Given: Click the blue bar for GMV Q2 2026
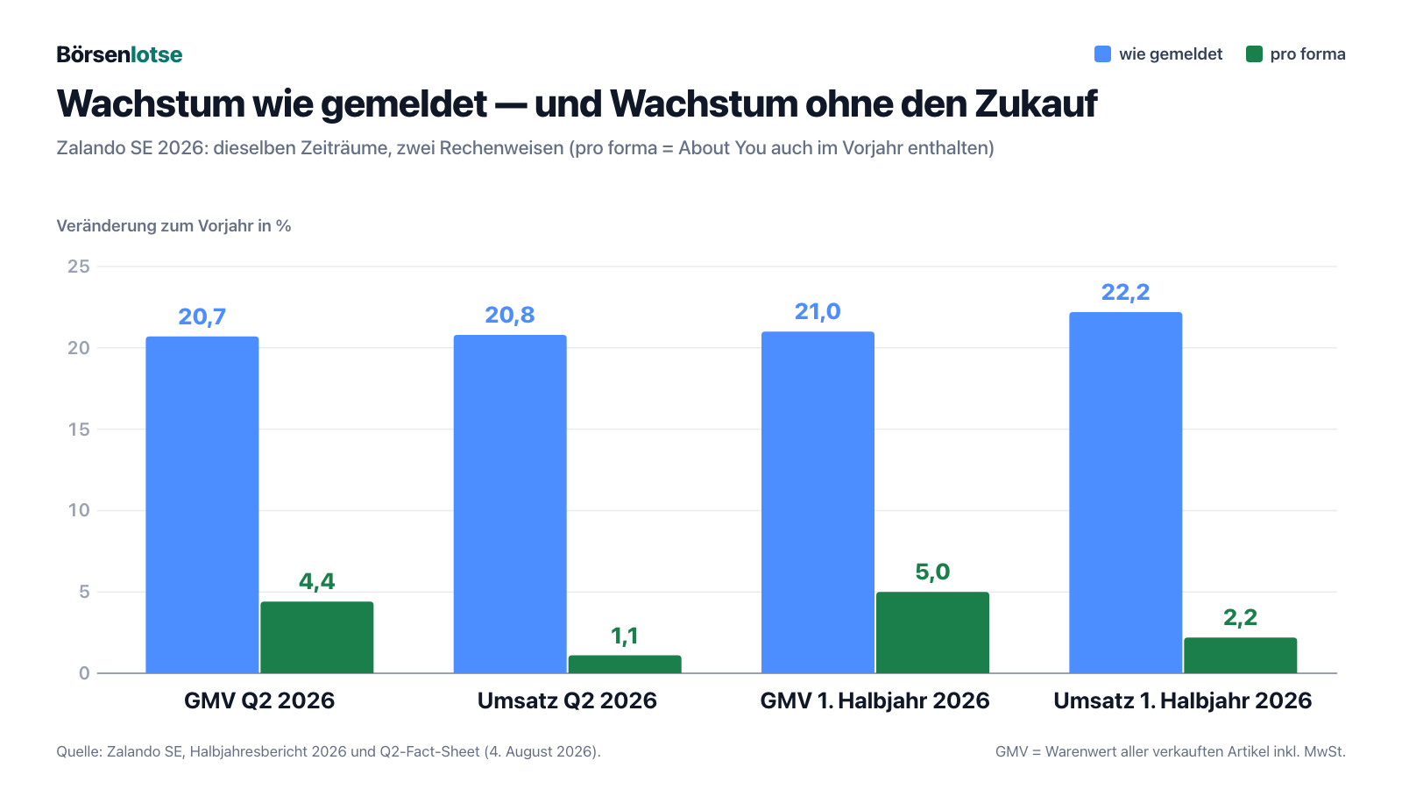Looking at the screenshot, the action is [202, 505].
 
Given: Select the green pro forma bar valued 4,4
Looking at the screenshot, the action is [316, 637].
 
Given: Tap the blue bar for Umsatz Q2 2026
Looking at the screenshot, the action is [510, 504].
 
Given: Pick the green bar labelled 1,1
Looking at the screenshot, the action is [625, 665].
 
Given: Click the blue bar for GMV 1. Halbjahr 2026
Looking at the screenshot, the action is [818, 502].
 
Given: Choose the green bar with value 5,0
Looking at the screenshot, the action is [932, 632].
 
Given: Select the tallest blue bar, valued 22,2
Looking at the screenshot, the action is [1125, 493].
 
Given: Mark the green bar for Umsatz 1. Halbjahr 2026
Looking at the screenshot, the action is [1241, 656].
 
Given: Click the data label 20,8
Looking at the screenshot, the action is [510, 315].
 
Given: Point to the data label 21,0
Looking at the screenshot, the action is [818, 312].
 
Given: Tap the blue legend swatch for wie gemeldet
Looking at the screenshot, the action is [1103, 53].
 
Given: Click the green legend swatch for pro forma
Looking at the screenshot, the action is [1254, 53].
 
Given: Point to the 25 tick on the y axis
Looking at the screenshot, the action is [79, 267].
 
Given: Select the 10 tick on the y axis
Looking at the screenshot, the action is [79, 510].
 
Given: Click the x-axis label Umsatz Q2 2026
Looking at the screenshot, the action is [567, 700].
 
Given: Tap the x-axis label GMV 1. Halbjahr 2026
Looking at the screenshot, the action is [875, 700].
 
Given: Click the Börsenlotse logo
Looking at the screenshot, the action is [119, 54].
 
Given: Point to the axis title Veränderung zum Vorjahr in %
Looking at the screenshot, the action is [174, 226].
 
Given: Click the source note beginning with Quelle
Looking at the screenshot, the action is [329, 751].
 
